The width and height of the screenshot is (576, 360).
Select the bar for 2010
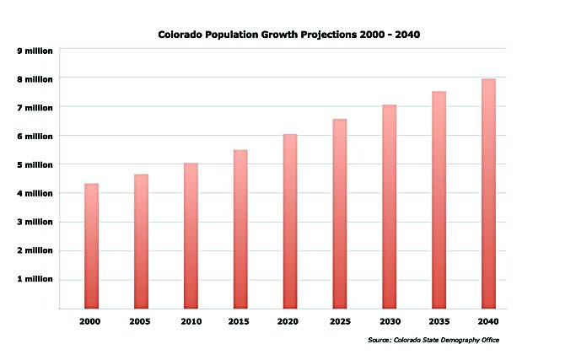[x=191, y=235]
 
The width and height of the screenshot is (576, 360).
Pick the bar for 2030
[x=389, y=207]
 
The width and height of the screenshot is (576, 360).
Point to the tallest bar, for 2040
[x=488, y=193]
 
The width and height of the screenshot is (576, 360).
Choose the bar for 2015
[x=240, y=228]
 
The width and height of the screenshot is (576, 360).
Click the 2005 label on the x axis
[x=141, y=321]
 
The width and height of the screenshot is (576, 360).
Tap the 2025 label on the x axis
[x=339, y=321]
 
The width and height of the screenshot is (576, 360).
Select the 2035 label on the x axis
[x=439, y=321]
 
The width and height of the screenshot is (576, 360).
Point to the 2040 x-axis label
[x=488, y=321]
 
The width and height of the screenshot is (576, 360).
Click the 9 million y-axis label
[x=35, y=51]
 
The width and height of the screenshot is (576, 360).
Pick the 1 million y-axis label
[x=35, y=279]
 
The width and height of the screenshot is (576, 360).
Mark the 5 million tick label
[x=35, y=164]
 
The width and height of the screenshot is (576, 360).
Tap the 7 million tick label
[x=35, y=107]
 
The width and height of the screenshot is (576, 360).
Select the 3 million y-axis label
[x=35, y=222]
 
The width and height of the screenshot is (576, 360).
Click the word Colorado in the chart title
[x=180, y=35]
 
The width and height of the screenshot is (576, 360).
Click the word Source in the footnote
[x=379, y=341]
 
